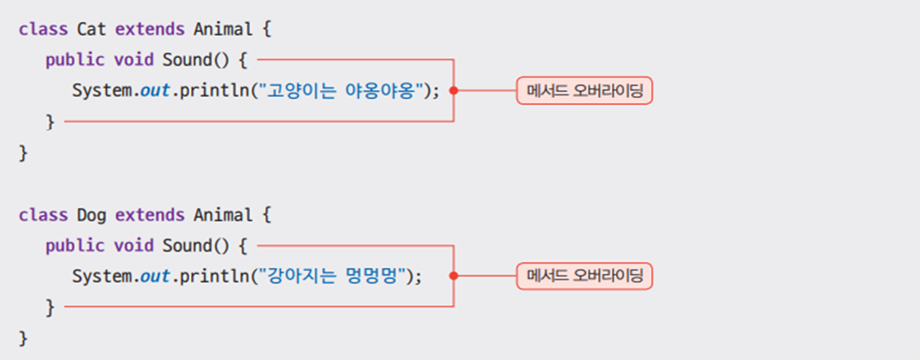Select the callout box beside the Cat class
584,90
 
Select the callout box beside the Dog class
584,276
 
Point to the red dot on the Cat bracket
453,90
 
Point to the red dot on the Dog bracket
453,276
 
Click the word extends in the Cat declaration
149,29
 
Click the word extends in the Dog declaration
149,215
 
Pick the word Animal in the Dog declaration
222,215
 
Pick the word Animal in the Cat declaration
222,29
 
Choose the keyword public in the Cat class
73,60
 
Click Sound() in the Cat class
195,60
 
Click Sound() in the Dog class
195,246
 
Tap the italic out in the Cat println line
154,90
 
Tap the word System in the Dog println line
100,276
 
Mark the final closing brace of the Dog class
24,338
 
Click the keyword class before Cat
43,29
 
